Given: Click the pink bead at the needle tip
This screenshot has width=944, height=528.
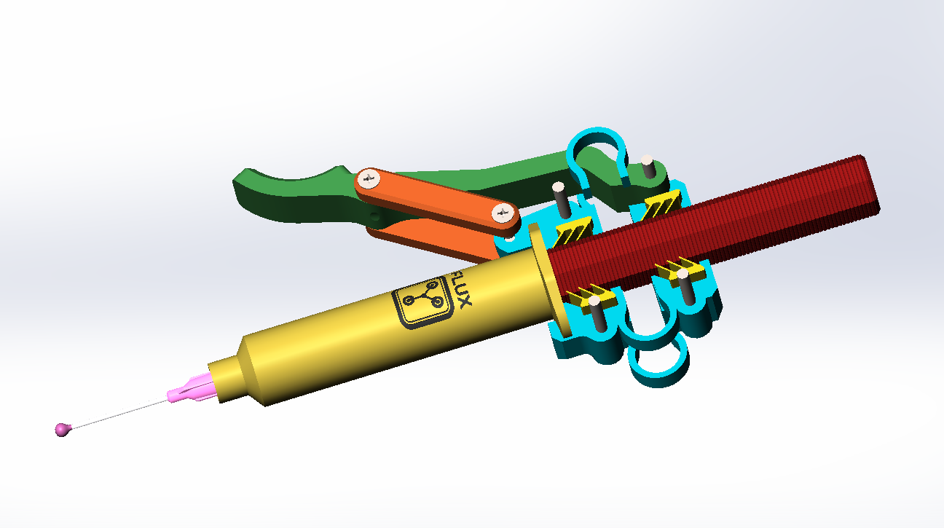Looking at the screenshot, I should click(63, 429).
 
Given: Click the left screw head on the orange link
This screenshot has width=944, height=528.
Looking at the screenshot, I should click(369, 178).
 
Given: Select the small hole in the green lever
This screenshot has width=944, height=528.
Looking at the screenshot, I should click(374, 216).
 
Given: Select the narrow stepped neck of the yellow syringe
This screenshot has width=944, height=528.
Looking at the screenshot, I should click(228, 376).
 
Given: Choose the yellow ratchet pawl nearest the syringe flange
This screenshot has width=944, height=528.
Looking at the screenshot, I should click(586, 294).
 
